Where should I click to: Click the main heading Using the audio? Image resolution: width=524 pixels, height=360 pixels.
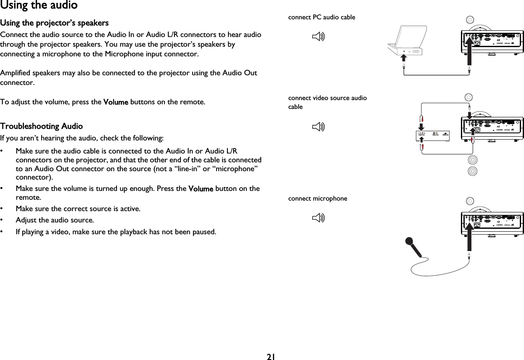click(39, 5)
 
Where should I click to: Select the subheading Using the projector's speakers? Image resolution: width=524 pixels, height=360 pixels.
click(54, 22)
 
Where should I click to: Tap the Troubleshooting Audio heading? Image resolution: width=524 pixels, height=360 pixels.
click(41, 126)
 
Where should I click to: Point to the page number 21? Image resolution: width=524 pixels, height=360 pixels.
click(270, 357)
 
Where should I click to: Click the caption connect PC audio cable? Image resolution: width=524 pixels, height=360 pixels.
click(321, 17)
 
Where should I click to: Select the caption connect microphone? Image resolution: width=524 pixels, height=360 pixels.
click(318, 199)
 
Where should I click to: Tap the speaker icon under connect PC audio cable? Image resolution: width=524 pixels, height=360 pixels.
click(318, 37)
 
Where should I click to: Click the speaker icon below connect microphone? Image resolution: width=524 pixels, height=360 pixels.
click(318, 217)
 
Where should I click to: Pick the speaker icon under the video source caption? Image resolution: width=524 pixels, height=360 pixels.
click(318, 127)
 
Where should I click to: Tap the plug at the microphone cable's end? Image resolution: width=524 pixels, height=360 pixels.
click(469, 256)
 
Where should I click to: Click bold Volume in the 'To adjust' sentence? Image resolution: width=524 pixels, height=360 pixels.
click(115, 102)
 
